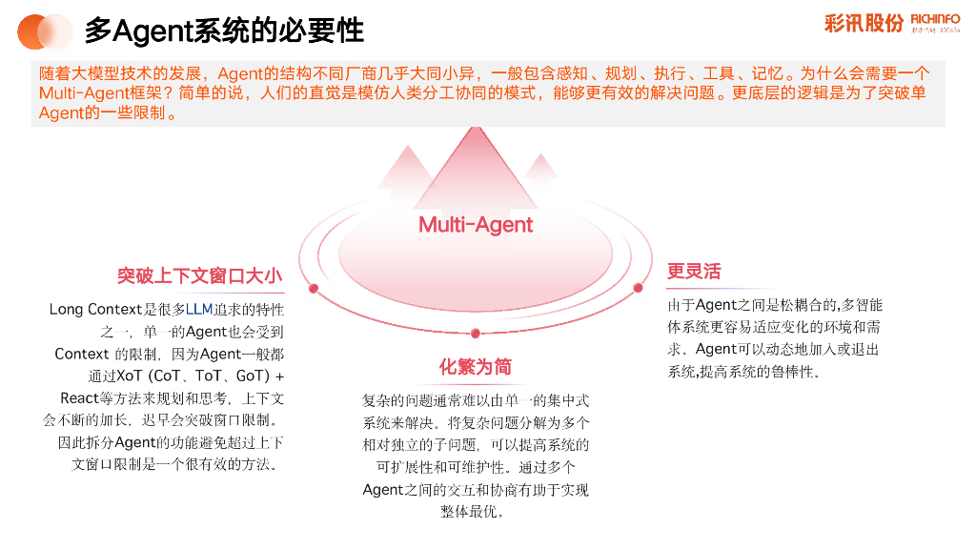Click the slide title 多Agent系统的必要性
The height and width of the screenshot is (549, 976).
point(224,30)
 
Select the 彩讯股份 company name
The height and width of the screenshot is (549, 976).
point(864,24)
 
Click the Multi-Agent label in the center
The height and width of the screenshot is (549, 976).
point(476,225)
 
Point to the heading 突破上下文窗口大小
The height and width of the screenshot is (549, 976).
point(200,276)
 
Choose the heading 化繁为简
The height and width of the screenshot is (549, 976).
point(475,367)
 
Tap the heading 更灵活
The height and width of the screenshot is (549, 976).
point(694,272)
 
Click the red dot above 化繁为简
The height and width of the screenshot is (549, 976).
point(476,333)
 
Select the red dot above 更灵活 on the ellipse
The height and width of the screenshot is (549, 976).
point(638,288)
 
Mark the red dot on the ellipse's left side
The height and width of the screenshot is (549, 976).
point(313,288)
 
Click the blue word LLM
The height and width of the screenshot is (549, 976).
point(198,310)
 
